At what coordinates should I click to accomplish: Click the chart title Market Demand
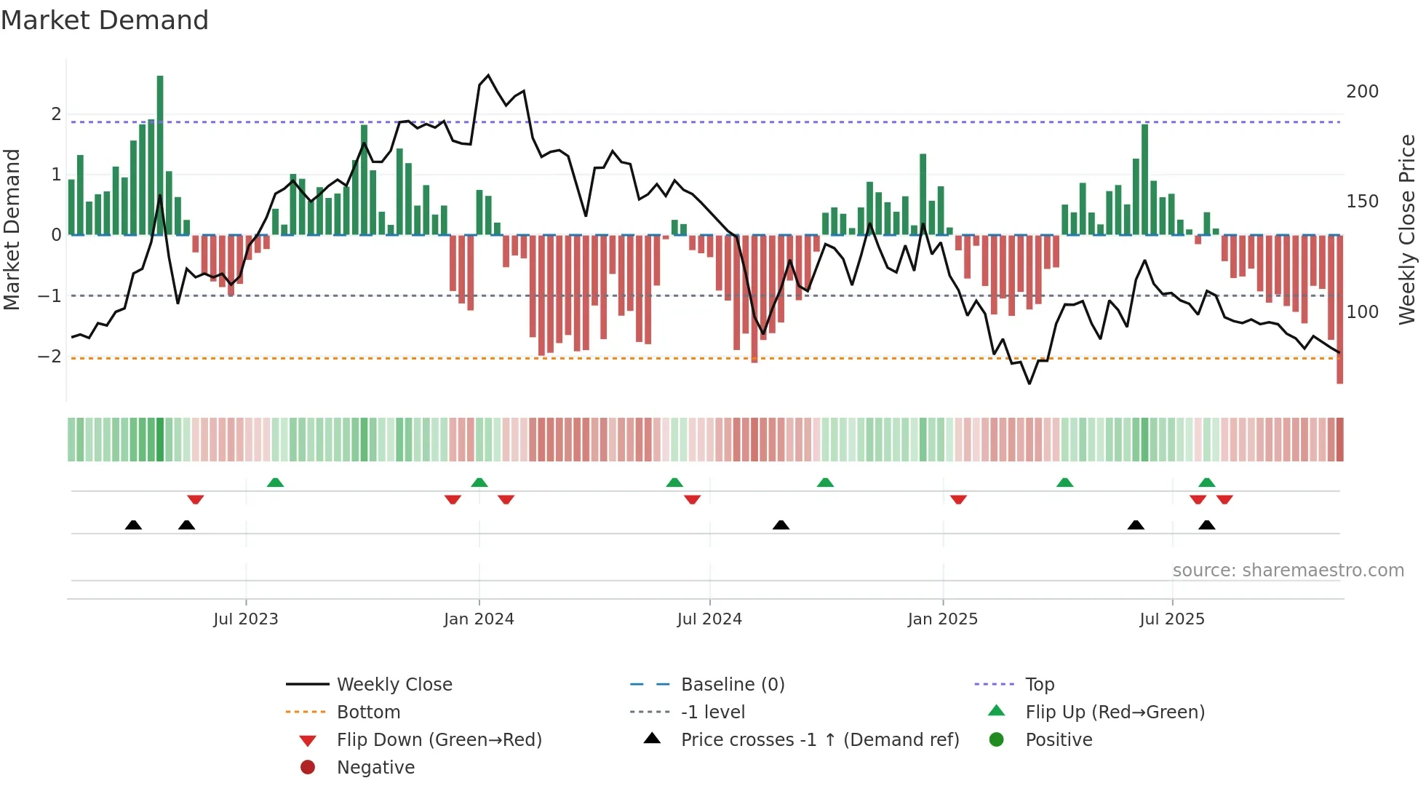pyautogui.click(x=105, y=20)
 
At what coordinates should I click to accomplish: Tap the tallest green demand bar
pyautogui.click(x=160, y=154)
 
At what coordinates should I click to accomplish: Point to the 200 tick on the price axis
pyautogui.click(x=1362, y=92)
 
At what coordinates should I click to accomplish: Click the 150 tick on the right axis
pyautogui.click(x=1362, y=202)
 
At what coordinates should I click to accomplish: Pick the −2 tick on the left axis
pyautogui.click(x=49, y=357)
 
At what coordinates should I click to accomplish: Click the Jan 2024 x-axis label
pyautogui.click(x=479, y=619)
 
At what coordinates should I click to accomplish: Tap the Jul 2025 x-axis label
pyautogui.click(x=1172, y=619)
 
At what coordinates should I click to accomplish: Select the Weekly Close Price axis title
pyautogui.click(x=1407, y=229)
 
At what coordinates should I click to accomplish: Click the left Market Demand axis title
pyautogui.click(x=12, y=229)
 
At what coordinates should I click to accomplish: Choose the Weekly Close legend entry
pyautogui.click(x=394, y=685)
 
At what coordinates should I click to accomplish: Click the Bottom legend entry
pyautogui.click(x=368, y=712)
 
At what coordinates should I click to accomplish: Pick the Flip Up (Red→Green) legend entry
pyautogui.click(x=1115, y=712)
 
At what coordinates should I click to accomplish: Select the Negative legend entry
pyautogui.click(x=375, y=768)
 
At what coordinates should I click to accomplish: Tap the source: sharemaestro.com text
pyautogui.click(x=1288, y=571)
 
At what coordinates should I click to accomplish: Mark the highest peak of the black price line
pyautogui.click(x=488, y=75)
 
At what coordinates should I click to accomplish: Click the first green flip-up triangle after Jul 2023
pyautogui.click(x=275, y=483)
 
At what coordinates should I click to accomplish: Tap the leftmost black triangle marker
pyautogui.click(x=133, y=525)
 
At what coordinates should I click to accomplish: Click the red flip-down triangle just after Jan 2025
pyautogui.click(x=958, y=499)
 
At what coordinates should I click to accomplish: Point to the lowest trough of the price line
pyautogui.click(x=1029, y=384)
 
